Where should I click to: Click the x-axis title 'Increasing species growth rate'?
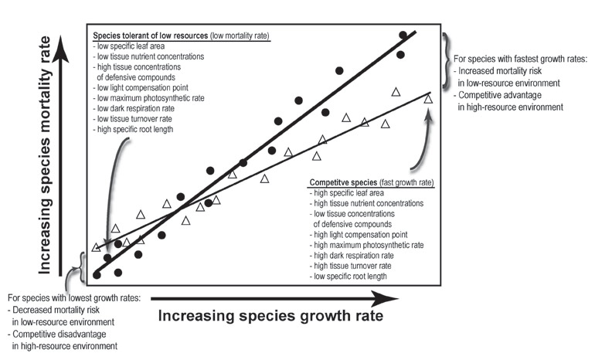(270, 316)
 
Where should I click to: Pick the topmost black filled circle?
(403, 36)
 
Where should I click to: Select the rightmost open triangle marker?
(429, 99)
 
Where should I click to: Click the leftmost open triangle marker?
(96, 247)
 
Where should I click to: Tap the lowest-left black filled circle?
(97, 274)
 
